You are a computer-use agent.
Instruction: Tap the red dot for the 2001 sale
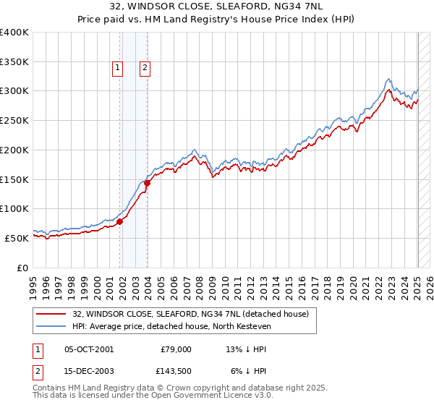(x=120, y=221)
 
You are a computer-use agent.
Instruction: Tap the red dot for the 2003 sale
(x=148, y=183)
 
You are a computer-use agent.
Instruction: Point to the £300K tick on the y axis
(x=15, y=91)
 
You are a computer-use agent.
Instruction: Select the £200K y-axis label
(x=15, y=150)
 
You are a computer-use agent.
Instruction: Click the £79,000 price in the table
(x=176, y=349)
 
